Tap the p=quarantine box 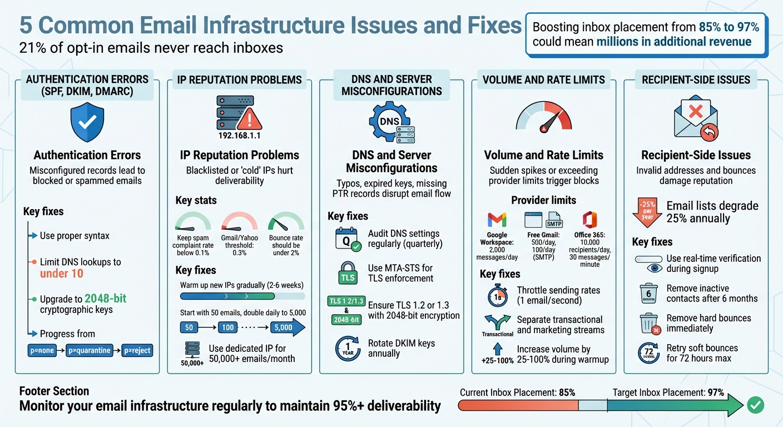click(x=89, y=351)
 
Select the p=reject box click(x=137, y=351)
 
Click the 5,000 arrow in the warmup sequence click(x=287, y=327)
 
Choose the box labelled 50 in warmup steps click(x=189, y=327)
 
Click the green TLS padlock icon click(x=348, y=274)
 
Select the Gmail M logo click(x=497, y=220)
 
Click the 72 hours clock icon click(x=648, y=354)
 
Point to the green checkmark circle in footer click(x=755, y=406)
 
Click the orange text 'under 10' click(x=62, y=273)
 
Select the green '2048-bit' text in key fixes click(x=105, y=299)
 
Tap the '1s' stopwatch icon click(x=497, y=295)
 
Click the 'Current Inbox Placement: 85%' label click(x=517, y=393)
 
